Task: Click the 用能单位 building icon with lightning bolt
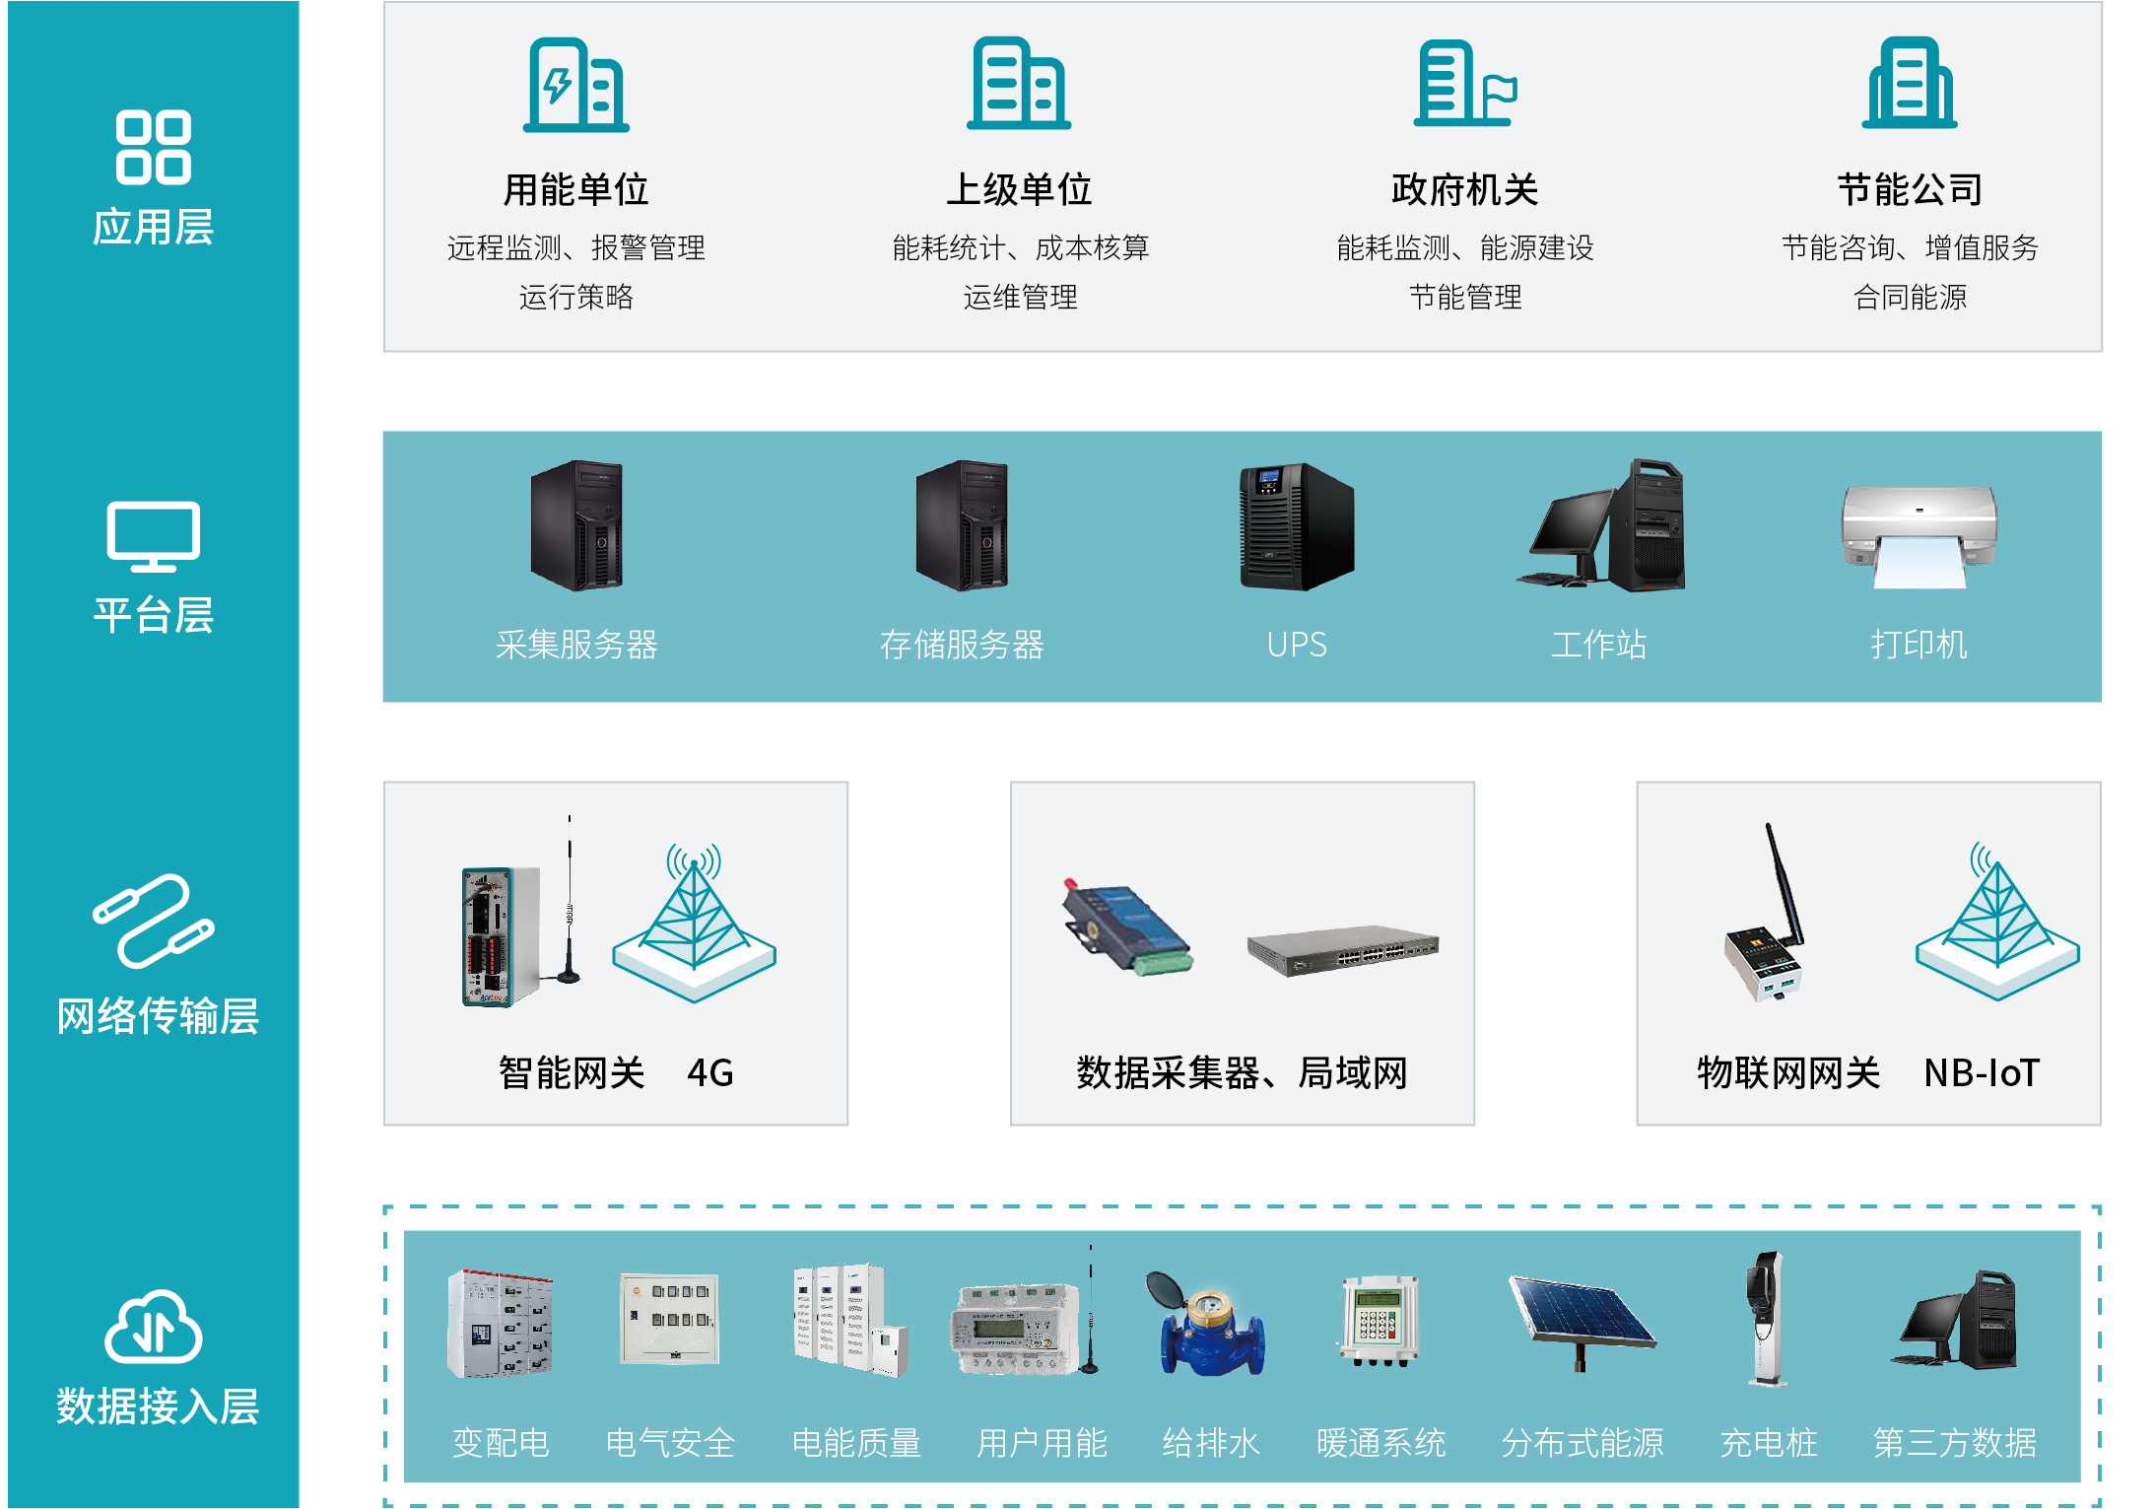[x=575, y=86]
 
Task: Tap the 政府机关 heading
[x=1464, y=189]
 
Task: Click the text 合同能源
[x=1910, y=297]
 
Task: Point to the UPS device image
[x=1296, y=526]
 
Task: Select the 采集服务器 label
[x=576, y=645]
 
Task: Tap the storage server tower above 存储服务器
[x=962, y=525]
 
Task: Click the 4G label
[x=709, y=1072]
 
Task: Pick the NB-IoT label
[x=1981, y=1072]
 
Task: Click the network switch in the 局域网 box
[x=1342, y=950]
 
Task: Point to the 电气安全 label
[x=670, y=1443]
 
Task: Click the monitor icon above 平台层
[x=153, y=536]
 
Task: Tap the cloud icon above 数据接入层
[x=154, y=1327]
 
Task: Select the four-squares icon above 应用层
[x=153, y=148]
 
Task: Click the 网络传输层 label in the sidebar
[x=158, y=1015]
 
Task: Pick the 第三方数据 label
[x=1954, y=1443]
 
